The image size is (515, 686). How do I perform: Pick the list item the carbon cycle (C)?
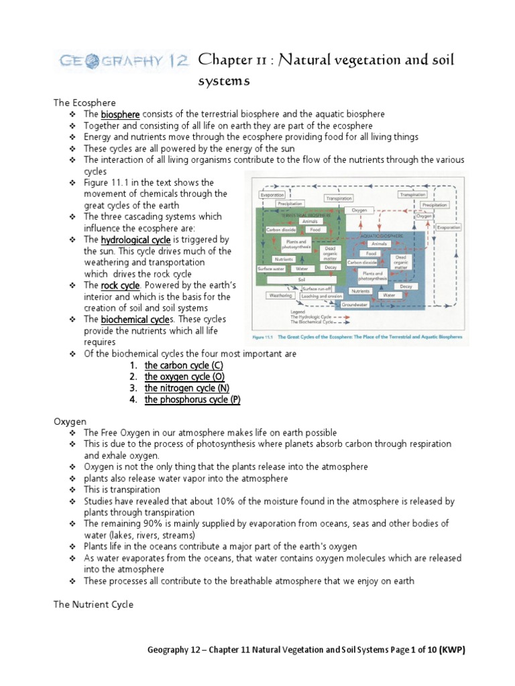184,365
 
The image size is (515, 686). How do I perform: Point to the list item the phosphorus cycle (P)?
192,399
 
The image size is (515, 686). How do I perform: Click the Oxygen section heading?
70,421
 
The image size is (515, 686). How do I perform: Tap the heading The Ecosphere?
84,102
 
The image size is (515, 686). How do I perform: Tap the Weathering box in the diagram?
280,295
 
